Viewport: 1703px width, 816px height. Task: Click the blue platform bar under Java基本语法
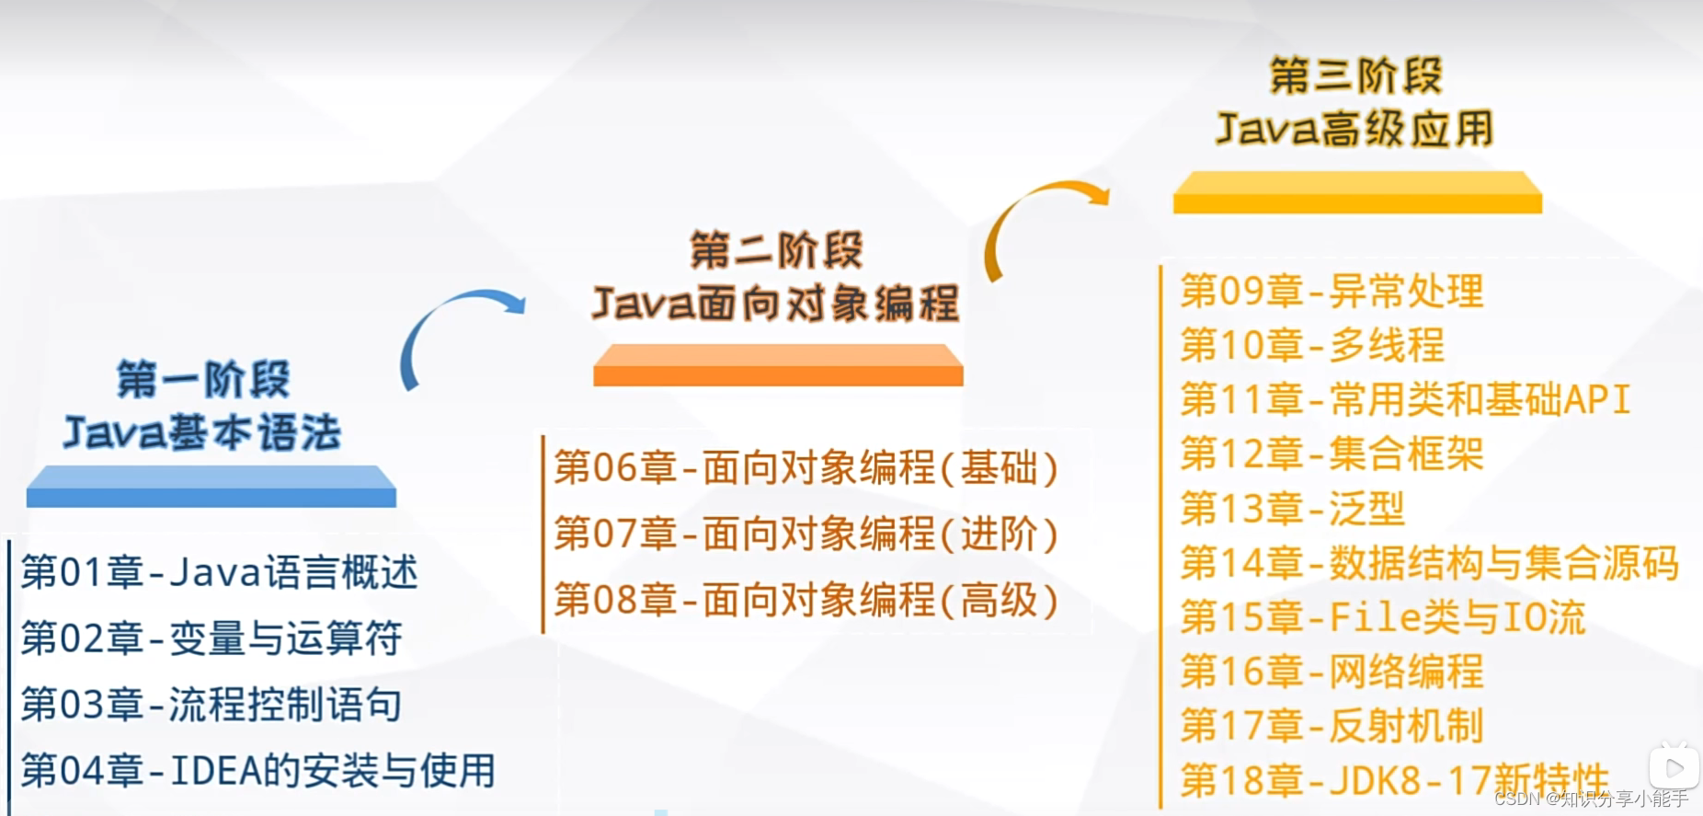(x=211, y=487)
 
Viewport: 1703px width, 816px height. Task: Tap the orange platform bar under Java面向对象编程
(x=778, y=365)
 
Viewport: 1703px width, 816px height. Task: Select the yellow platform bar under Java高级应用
(x=1357, y=192)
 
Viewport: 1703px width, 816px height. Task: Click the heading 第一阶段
(x=203, y=379)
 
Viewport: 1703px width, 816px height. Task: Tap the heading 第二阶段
(x=777, y=250)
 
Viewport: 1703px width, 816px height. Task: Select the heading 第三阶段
(x=1356, y=75)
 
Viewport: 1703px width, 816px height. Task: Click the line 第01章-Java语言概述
(x=219, y=572)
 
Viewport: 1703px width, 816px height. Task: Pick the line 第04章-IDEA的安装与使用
(x=257, y=771)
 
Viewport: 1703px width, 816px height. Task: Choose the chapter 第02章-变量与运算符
(x=211, y=638)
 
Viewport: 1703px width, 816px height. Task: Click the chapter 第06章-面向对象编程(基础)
(x=806, y=468)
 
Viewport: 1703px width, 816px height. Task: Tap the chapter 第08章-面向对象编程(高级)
(x=806, y=601)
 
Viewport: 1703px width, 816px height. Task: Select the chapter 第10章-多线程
(x=1312, y=346)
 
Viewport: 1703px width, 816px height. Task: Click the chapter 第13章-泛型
(x=1292, y=509)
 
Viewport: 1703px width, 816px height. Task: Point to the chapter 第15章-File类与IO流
(x=1383, y=617)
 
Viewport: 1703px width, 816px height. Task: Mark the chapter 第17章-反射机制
(x=1332, y=726)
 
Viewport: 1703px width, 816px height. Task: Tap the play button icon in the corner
(x=1674, y=767)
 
